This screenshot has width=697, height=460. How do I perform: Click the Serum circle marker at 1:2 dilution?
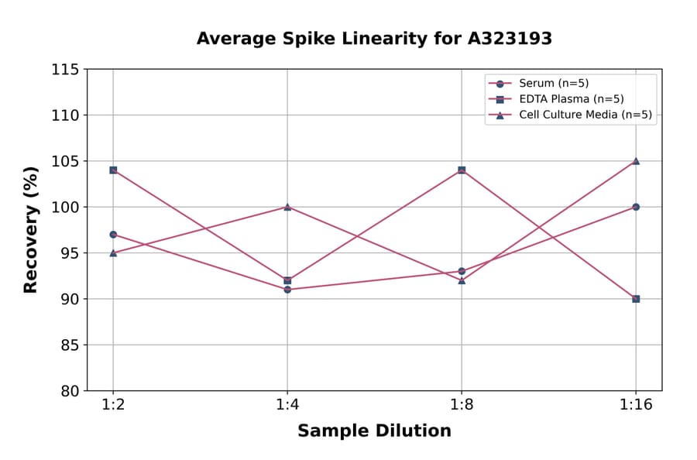[113, 235]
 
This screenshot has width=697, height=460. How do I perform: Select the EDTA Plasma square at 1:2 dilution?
[113, 170]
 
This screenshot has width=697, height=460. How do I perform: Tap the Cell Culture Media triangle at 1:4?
[287, 207]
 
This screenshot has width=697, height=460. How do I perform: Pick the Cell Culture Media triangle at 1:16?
[636, 161]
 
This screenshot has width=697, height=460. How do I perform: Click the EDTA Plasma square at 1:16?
[636, 298]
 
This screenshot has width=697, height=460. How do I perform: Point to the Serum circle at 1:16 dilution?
[636, 207]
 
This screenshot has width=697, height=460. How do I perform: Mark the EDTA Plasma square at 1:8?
[462, 170]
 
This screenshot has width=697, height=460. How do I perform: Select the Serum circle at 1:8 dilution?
[462, 271]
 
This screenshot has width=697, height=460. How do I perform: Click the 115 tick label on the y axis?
[65, 70]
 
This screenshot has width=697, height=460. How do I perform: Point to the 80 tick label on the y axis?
[69, 391]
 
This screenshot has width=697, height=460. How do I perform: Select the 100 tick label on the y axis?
[65, 208]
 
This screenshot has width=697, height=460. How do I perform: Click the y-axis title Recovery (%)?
[31, 230]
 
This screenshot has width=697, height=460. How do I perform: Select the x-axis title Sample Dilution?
[374, 431]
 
